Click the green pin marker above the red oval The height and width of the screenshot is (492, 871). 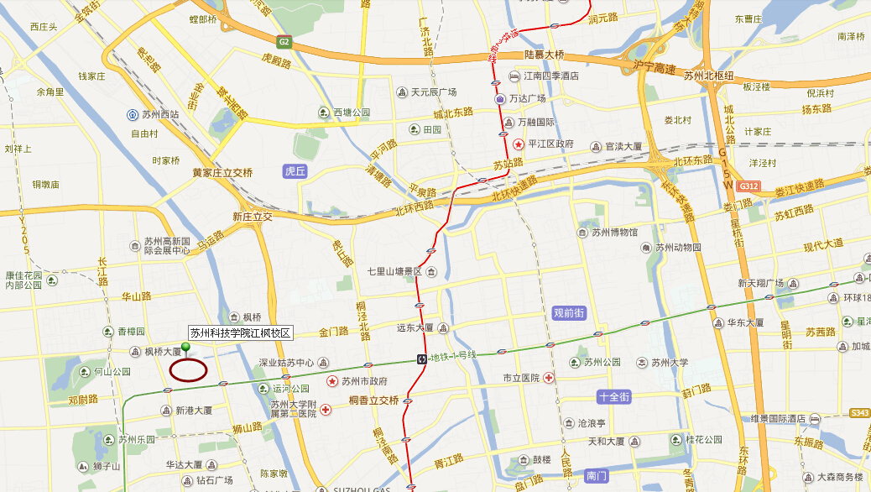point(185,348)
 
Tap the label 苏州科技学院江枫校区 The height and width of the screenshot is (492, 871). point(240,333)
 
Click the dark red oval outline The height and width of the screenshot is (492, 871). point(188,369)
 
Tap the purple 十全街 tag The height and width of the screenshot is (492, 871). point(613,396)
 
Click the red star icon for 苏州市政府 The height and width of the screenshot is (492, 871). point(332,381)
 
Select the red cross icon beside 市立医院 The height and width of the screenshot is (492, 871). point(549,378)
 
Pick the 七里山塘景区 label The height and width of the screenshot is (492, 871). point(394,272)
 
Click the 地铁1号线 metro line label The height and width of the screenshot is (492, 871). point(453,357)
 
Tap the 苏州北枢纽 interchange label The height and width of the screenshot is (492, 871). point(708,76)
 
